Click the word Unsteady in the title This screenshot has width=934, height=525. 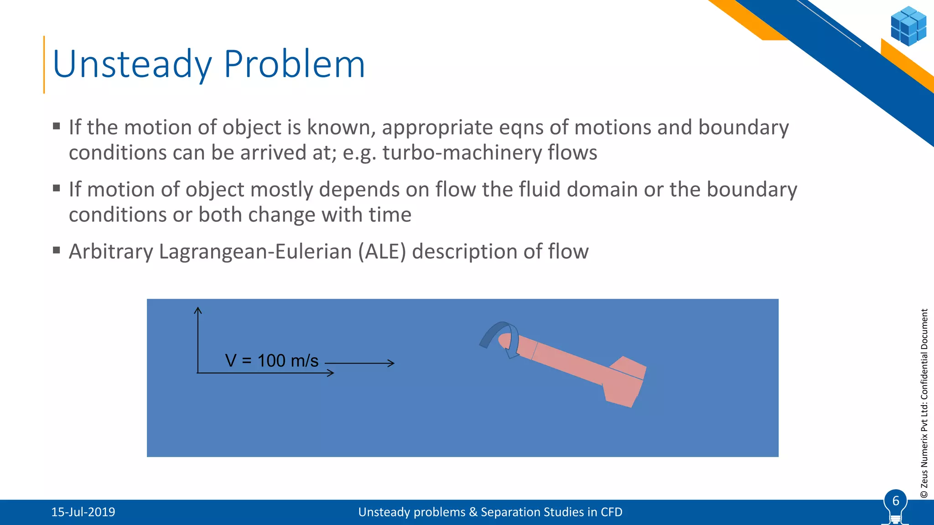point(132,65)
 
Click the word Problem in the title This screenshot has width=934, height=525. point(295,65)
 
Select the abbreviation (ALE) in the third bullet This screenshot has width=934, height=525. point(382,252)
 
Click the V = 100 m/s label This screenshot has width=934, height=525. point(272,361)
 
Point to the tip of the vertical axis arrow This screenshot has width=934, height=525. point(197,309)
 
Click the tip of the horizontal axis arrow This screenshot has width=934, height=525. point(332,373)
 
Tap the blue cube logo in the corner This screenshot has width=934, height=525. point(908,26)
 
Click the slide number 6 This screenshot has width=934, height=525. point(895,501)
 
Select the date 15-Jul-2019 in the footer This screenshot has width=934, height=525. point(83,512)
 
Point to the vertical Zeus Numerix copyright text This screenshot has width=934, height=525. point(924,403)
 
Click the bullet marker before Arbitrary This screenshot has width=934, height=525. point(57,250)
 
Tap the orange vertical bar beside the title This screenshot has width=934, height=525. point(44,65)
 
